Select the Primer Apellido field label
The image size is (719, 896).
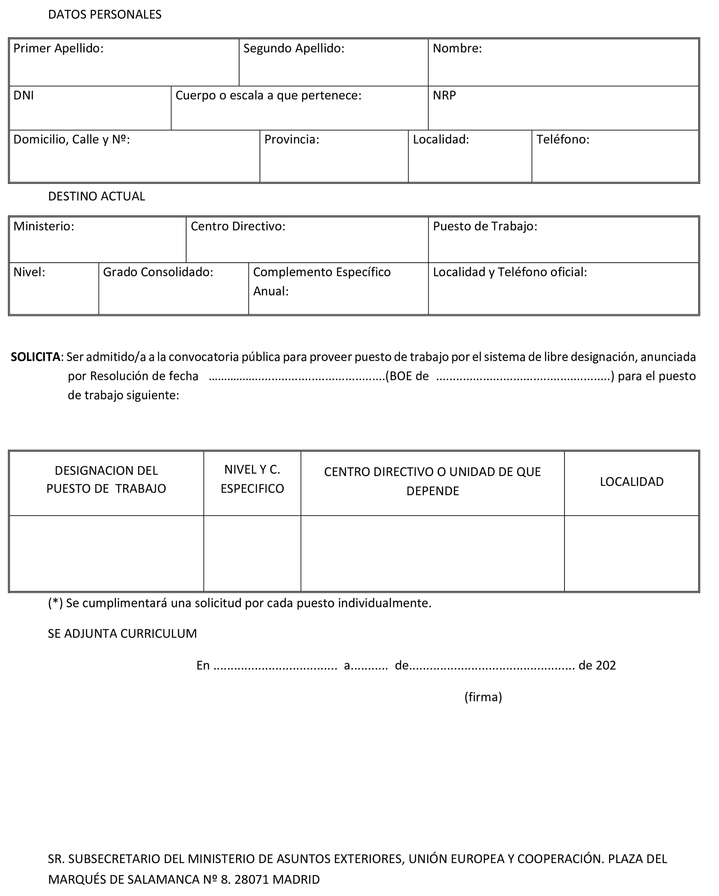[58, 49]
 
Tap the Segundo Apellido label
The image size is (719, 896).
[294, 49]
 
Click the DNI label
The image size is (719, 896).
[23, 96]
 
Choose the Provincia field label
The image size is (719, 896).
[291, 140]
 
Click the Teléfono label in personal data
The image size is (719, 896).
[562, 140]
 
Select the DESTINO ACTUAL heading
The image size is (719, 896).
[96, 196]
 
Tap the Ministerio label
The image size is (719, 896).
[44, 227]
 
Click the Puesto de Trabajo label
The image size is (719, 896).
[485, 227]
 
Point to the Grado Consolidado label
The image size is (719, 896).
[158, 272]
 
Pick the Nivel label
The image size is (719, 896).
[29, 272]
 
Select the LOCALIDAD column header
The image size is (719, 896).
[631, 482]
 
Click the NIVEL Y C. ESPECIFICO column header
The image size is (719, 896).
[252, 479]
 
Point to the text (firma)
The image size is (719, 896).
[483, 697]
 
